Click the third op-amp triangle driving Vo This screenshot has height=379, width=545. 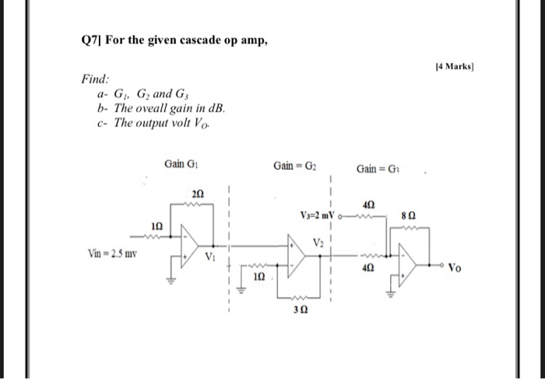(409, 262)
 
